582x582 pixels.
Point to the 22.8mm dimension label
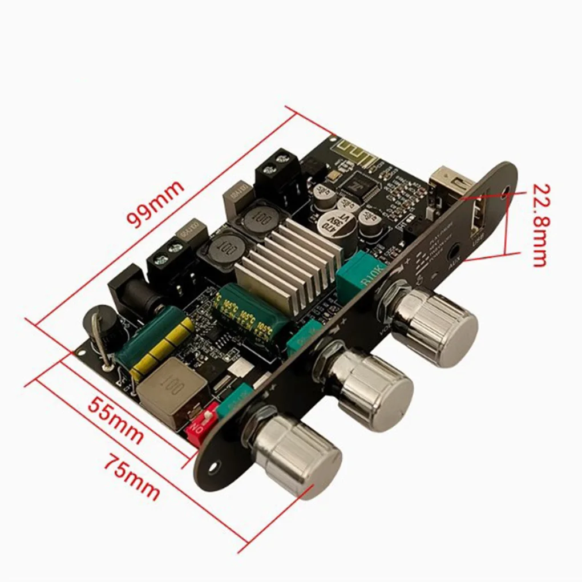[x=539, y=225]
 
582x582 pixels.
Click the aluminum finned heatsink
[x=289, y=262]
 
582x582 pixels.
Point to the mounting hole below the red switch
[x=214, y=467]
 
